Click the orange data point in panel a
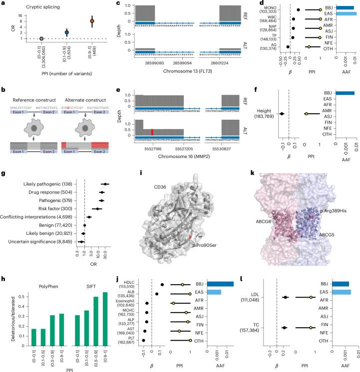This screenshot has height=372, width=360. pos(92,21)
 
